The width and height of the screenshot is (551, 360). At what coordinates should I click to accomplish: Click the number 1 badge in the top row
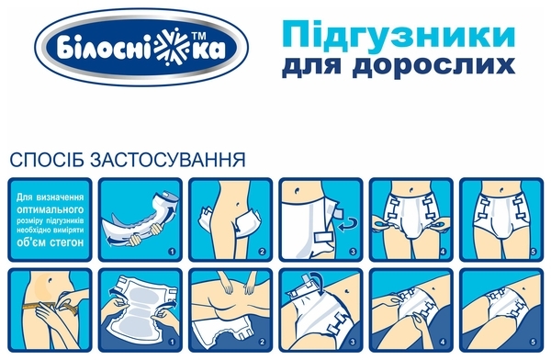[x=170, y=249]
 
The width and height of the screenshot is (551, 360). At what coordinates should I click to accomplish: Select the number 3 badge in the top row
[x=351, y=249]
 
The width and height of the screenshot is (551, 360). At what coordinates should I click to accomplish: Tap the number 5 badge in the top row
[x=532, y=249]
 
